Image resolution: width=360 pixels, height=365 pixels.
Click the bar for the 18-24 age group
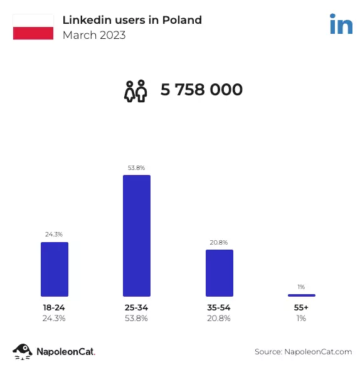click(x=55, y=269)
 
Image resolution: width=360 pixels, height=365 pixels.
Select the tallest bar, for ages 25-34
click(x=137, y=236)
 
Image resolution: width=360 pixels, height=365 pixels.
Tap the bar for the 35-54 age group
click(x=220, y=273)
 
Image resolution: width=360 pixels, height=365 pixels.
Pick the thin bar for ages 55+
click(x=302, y=295)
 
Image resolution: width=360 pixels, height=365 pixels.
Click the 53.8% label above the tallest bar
click(x=137, y=168)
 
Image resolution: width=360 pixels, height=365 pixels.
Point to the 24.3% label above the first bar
click(x=54, y=234)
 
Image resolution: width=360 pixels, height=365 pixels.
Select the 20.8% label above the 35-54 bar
click(x=219, y=243)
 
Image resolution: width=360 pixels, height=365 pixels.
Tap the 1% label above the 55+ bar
click(x=301, y=287)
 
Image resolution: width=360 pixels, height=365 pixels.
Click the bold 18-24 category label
click(x=54, y=307)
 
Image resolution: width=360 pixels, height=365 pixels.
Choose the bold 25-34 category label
click(x=136, y=307)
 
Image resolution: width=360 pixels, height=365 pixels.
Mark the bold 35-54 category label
click(x=219, y=307)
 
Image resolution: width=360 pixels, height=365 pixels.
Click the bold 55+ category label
click(x=301, y=307)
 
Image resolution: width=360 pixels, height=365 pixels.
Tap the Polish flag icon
click(x=33, y=27)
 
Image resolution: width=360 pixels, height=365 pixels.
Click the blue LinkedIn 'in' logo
click(x=341, y=24)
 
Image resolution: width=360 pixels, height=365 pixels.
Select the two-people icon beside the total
click(x=135, y=91)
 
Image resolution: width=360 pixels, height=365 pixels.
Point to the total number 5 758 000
click(x=202, y=90)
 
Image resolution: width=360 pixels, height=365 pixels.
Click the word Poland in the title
click(x=182, y=20)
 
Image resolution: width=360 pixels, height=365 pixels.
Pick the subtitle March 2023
click(x=94, y=35)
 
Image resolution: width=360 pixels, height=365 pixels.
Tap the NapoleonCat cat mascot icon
click(x=23, y=351)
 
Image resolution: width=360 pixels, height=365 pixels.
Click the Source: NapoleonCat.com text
click(x=304, y=351)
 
